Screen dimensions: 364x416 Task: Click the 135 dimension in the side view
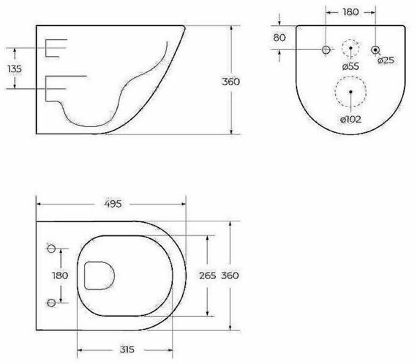click(14, 69)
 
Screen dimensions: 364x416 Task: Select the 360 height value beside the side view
click(230, 81)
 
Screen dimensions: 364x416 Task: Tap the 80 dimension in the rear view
click(280, 38)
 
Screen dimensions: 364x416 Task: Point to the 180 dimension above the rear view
click(351, 12)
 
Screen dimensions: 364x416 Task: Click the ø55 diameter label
click(351, 66)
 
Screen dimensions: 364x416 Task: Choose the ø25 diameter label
click(386, 60)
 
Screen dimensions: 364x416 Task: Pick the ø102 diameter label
click(351, 119)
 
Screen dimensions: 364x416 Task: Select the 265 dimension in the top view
click(207, 275)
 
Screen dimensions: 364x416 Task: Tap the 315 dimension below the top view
click(126, 349)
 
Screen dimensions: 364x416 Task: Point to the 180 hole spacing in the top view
click(59, 275)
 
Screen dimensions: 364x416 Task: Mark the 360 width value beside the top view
click(230, 275)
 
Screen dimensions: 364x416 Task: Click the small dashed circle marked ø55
click(351, 49)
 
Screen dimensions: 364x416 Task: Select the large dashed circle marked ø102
click(351, 91)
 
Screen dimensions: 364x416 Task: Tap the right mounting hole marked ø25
click(376, 50)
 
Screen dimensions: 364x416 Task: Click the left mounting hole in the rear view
click(326, 50)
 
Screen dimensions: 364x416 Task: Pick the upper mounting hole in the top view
click(52, 248)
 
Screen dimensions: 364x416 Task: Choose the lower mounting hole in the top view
click(52, 302)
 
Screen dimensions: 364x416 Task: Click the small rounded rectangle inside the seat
click(99, 275)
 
